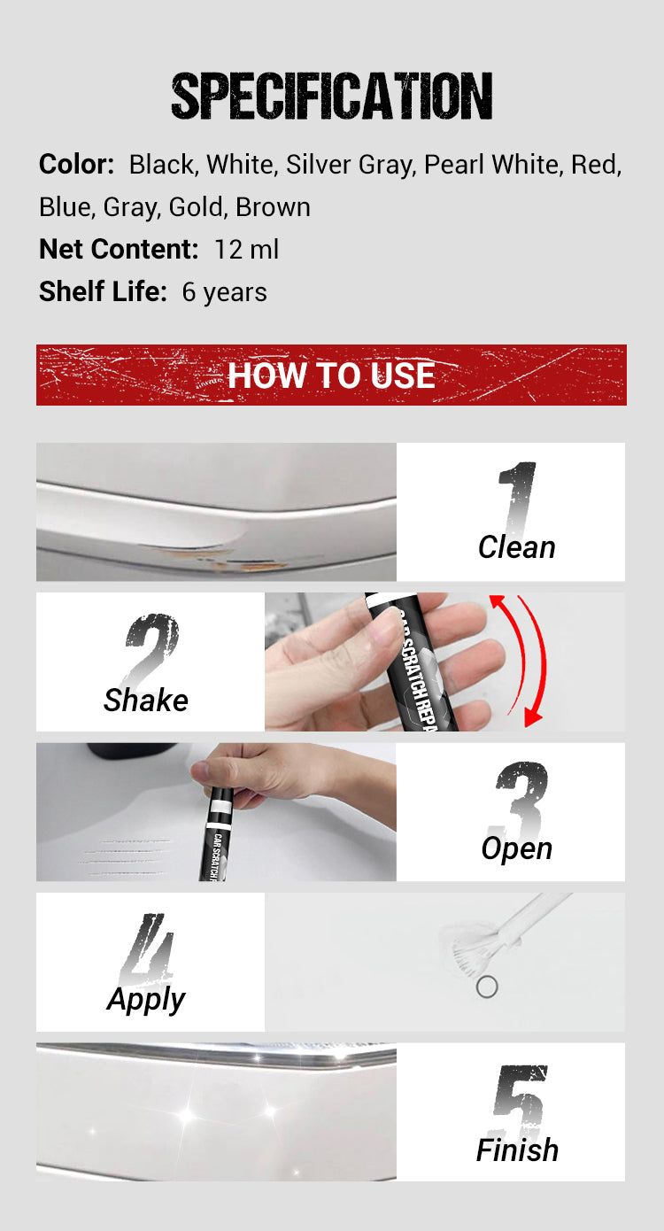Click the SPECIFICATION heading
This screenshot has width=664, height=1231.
pyautogui.click(x=332, y=96)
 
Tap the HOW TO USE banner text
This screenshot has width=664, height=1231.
pyautogui.click(x=331, y=375)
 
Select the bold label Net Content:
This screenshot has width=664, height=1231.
pyautogui.click(x=119, y=249)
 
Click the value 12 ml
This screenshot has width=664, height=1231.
pyautogui.click(x=247, y=249)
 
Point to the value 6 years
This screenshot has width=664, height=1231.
pyautogui.click(x=225, y=292)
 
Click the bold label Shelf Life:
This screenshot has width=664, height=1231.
pyautogui.click(x=103, y=291)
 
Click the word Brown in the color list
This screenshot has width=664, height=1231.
pyautogui.click(x=273, y=207)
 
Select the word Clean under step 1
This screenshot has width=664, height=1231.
pyautogui.click(x=517, y=547)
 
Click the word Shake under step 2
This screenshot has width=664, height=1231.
pyautogui.click(x=146, y=701)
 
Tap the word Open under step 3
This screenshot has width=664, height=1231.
pyautogui.click(x=517, y=848)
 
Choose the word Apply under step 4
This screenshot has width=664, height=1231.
pyautogui.click(x=146, y=999)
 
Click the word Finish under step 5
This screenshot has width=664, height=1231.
pyautogui.click(x=517, y=1150)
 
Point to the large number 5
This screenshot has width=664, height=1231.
pyautogui.click(x=520, y=1099)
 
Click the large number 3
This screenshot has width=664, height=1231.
pyautogui.click(x=520, y=800)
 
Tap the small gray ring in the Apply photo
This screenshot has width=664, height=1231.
pyautogui.click(x=487, y=987)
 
